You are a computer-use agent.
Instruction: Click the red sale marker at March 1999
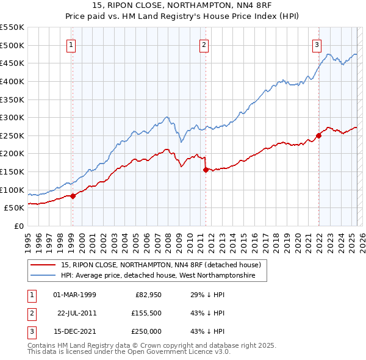coord(73,196)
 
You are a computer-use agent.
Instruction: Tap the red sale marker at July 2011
coord(206,170)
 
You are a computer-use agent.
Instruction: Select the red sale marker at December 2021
coord(318,135)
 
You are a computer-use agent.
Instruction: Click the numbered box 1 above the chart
coord(71,45)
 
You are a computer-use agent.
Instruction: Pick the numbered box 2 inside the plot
coord(204,45)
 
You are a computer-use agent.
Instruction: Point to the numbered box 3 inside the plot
coord(317,45)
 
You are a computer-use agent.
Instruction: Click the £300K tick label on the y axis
coord(12,117)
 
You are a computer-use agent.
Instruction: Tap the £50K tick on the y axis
coord(15,207)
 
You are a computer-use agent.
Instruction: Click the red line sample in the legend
coord(43,265)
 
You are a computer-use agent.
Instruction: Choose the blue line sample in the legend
coord(43,276)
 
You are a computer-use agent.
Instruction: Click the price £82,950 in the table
coord(147,295)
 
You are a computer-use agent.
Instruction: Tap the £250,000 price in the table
coord(147,331)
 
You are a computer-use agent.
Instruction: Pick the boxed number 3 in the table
coord(31,331)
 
